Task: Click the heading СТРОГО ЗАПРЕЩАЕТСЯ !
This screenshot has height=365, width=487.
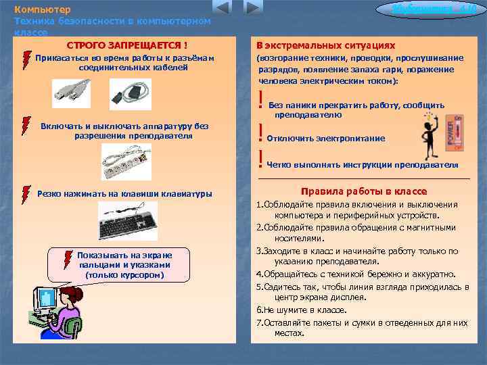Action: (x=127, y=45)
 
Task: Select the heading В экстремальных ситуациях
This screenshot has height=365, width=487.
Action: (x=325, y=45)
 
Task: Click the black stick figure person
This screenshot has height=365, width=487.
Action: (x=430, y=137)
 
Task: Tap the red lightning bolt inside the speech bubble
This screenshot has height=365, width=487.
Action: (x=68, y=259)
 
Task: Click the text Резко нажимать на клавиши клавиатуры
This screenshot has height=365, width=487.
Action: (x=124, y=194)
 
